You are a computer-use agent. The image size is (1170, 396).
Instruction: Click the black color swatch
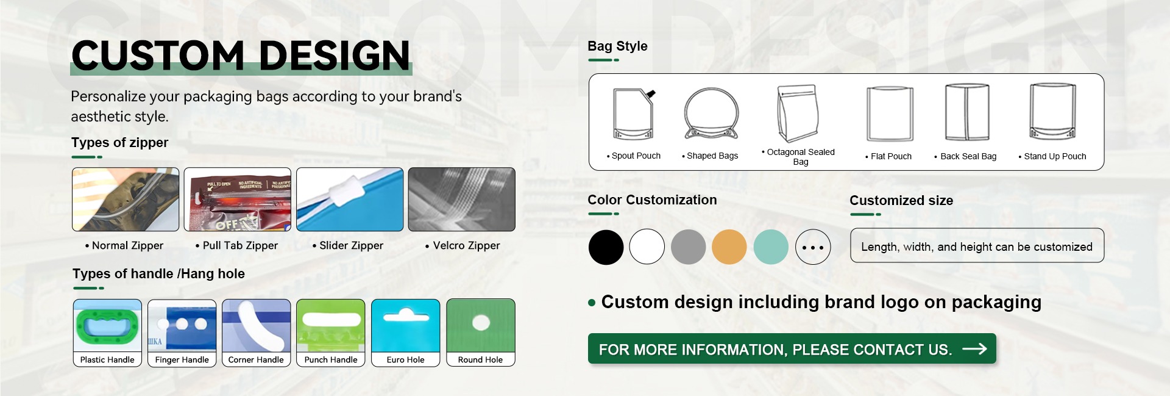606,247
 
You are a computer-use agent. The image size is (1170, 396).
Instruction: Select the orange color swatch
729,247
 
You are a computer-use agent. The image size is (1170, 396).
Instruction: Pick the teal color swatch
771,247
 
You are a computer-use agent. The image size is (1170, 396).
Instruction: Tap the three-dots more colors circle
813,247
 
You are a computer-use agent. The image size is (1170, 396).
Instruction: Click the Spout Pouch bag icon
634,114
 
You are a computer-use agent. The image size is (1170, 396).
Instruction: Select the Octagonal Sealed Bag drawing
798,113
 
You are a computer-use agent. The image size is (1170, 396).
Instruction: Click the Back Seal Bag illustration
967,112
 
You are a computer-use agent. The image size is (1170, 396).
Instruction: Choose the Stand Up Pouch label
1052,156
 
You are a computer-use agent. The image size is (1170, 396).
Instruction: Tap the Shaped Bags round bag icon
711,113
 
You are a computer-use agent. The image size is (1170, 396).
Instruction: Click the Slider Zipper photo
350,200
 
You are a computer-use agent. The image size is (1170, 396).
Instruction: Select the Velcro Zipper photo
462,200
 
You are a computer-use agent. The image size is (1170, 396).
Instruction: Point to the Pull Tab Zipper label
236,245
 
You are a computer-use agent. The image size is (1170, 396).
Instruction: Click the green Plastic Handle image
107,326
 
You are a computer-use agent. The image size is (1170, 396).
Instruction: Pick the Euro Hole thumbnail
406,326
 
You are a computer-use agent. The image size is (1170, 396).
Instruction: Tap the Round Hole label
481,360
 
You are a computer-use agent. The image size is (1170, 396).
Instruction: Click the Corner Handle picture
257,326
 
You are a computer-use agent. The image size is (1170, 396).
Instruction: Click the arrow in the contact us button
974,348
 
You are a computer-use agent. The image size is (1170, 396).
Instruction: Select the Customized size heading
901,200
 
